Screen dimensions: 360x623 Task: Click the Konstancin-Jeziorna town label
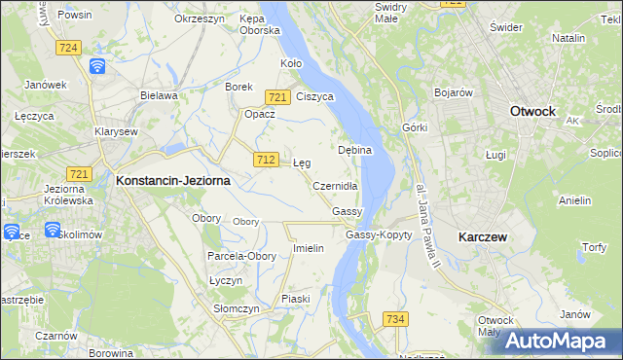(x=173, y=180)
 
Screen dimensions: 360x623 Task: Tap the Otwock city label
(x=532, y=111)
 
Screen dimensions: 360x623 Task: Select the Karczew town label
(x=486, y=236)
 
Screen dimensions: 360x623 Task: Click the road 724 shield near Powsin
(x=68, y=47)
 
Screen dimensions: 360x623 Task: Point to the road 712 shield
(x=265, y=159)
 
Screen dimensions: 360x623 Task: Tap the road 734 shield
(x=395, y=319)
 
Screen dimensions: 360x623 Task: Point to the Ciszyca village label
(x=314, y=97)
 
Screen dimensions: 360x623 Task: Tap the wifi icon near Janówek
(x=97, y=65)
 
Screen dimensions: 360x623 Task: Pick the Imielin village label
(x=308, y=248)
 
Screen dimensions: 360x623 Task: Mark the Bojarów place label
(x=453, y=92)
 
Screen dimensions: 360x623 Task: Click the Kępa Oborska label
(x=260, y=24)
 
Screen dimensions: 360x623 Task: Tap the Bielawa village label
(x=159, y=95)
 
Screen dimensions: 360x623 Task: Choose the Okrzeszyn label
(x=201, y=18)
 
